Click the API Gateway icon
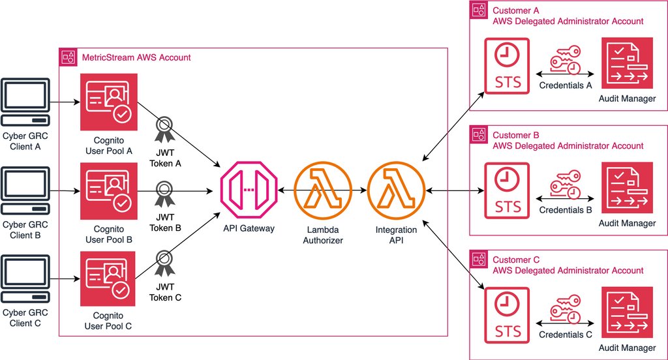pos(246,190)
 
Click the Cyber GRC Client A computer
pos(25,103)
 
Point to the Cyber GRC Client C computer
pos(25,281)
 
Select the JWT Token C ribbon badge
pos(165,265)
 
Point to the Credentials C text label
pos(566,335)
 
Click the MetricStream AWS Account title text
pos(136,57)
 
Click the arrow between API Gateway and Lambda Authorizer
pos(284,190)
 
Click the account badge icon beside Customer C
pos(480,259)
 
